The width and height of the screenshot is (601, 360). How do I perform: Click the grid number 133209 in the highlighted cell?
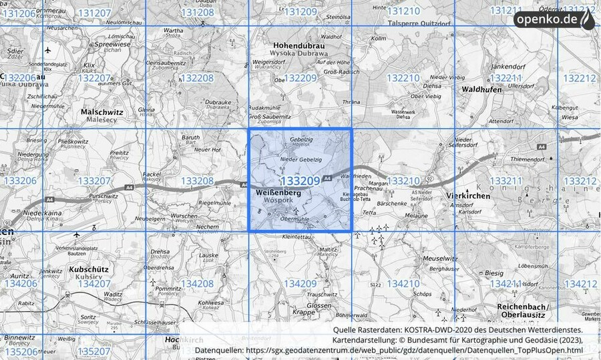[x=300, y=181]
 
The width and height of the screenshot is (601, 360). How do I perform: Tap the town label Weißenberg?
[x=278, y=192]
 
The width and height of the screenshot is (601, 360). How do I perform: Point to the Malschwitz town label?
[x=102, y=114]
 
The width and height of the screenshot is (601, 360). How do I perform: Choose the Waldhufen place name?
[x=481, y=88]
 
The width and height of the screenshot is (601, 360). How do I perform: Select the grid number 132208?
[x=197, y=78]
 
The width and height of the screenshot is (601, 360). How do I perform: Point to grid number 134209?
[x=300, y=284]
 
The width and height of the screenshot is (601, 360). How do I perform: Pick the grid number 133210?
[x=403, y=181]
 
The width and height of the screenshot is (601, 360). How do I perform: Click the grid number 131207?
[x=94, y=13]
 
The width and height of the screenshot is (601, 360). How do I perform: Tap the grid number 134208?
[x=197, y=284]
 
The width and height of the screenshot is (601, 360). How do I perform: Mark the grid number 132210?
[x=403, y=78]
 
